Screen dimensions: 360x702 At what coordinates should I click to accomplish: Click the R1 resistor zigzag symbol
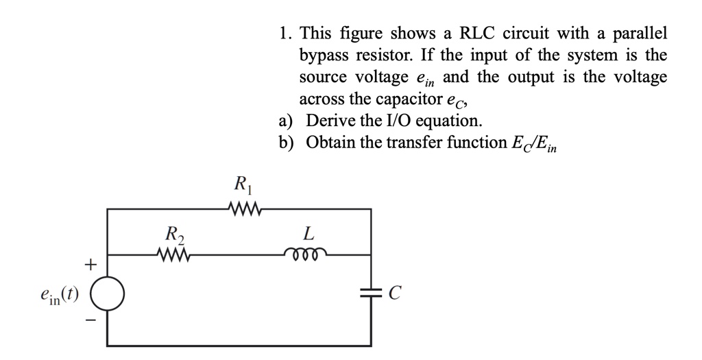(241, 208)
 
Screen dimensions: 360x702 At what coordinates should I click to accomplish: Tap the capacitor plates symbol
(372, 293)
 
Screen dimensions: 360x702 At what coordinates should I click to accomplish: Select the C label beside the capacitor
(394, 294)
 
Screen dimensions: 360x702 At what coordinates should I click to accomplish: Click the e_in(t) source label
(59, 295)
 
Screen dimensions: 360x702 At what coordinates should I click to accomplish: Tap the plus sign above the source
(88, 263)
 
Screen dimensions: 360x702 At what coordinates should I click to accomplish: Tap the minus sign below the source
(88, 320)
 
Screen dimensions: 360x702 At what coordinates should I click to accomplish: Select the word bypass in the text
(324, 55)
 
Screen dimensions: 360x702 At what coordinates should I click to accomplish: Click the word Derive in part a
(329, 121)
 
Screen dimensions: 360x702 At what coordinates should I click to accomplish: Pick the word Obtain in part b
(329, 142)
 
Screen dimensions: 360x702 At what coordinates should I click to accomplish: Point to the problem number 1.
(284, 33)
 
